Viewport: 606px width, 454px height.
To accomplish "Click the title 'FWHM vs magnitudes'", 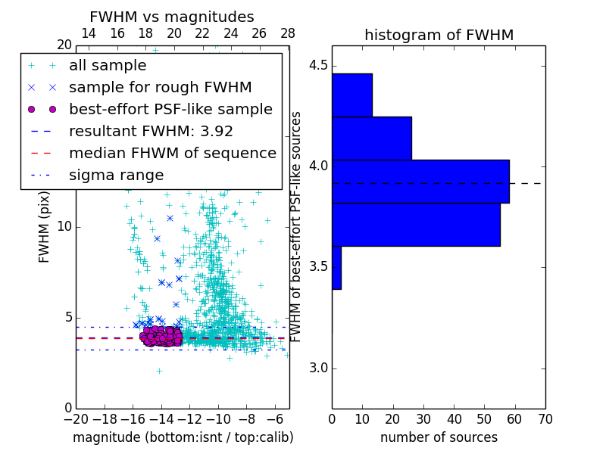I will click(172, 17).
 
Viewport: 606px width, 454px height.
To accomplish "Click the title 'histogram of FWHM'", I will click(439, 35).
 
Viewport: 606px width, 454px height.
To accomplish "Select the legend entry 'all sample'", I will click(108, 66).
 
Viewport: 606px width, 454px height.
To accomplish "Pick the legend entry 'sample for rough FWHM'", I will click(160, 87).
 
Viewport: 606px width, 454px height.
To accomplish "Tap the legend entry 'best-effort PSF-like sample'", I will click(170, 109).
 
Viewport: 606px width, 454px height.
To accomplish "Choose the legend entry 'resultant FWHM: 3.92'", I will click(151, 131).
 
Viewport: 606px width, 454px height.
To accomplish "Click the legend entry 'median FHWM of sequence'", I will click(172, 153).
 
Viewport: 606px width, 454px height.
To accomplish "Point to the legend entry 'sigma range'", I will click(116, 175).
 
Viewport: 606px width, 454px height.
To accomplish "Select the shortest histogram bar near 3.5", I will click(336, 268).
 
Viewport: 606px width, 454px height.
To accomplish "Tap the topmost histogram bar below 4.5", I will click(351, 95).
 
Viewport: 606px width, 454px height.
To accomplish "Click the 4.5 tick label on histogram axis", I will click(318, 66).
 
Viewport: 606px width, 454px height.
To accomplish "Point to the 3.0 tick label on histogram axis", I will click(318, 368).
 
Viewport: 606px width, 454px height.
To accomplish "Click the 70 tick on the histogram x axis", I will click(544, 418).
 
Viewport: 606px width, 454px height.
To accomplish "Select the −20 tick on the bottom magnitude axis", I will click(76, 418).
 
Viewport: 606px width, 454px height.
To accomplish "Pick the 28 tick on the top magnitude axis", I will click(288, 34).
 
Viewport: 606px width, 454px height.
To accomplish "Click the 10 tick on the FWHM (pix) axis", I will click(64, 227).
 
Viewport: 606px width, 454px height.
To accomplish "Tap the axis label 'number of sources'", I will click(439, 437).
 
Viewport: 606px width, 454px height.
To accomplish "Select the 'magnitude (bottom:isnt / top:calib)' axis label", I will click(183, 437).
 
